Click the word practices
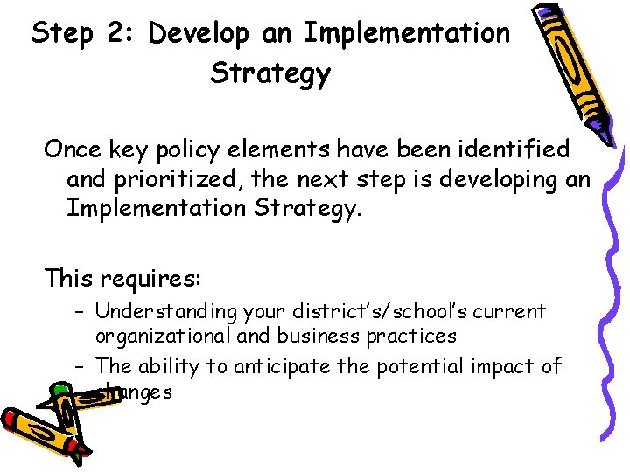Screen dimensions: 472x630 click(409, 336)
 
